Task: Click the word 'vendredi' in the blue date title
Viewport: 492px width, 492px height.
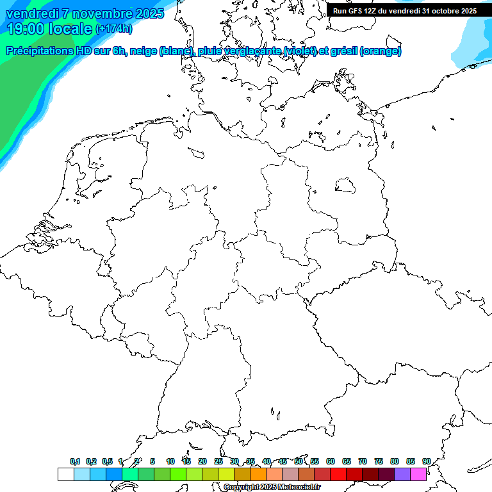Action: click(31, 13)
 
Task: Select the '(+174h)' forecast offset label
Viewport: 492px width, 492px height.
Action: click(114, 29)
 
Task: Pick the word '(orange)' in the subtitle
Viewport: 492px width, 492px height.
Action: click(381, 51)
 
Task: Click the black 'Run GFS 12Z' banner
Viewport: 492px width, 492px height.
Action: click(405, 11)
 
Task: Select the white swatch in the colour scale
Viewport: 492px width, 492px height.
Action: click(65, 475)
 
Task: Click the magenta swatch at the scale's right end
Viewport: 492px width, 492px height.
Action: click(418, 475)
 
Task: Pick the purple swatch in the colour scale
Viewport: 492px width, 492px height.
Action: click(402, 475)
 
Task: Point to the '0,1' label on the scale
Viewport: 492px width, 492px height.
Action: click(75, 462)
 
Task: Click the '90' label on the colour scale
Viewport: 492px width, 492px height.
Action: click(426, 462)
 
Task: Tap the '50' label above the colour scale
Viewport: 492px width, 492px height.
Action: click(299, 462)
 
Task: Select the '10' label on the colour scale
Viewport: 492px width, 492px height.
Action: click(170, 462)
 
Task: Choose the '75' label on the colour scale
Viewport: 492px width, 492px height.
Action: click(379, 462)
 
